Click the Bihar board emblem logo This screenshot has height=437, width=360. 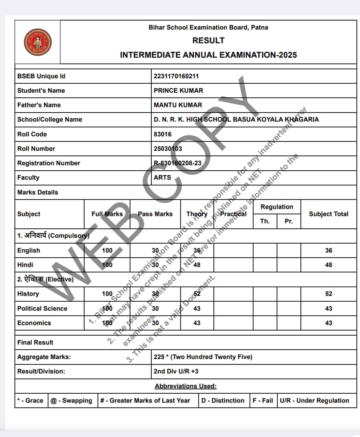click(38, 42)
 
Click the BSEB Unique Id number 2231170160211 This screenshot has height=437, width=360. click(176, 76)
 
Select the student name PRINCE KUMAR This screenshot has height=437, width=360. click(178, 91)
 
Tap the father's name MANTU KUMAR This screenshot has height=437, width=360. click(178, 105)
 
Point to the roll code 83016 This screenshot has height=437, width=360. click(162, 134)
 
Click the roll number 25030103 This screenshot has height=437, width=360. click(168, 149)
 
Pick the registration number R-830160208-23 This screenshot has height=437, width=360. click(178, 163)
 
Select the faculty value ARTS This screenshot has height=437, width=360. click(162, 178)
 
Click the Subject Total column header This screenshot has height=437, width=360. click(329, 214)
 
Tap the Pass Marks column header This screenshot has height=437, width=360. click(155, 214)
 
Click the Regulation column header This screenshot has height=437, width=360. click(277, 207)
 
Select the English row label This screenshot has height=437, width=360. click(29, 250)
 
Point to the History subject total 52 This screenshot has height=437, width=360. click(329, 294)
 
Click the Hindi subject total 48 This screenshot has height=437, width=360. click(329, 265)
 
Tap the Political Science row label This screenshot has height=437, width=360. click(42, 309)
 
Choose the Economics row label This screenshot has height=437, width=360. click(34, 323)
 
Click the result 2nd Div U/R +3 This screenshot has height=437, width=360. click(176, 371)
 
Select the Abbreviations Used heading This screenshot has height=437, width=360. click(186, 386)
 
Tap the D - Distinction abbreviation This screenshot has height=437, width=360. click(223, 401)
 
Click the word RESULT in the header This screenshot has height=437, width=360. click(208, 40)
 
